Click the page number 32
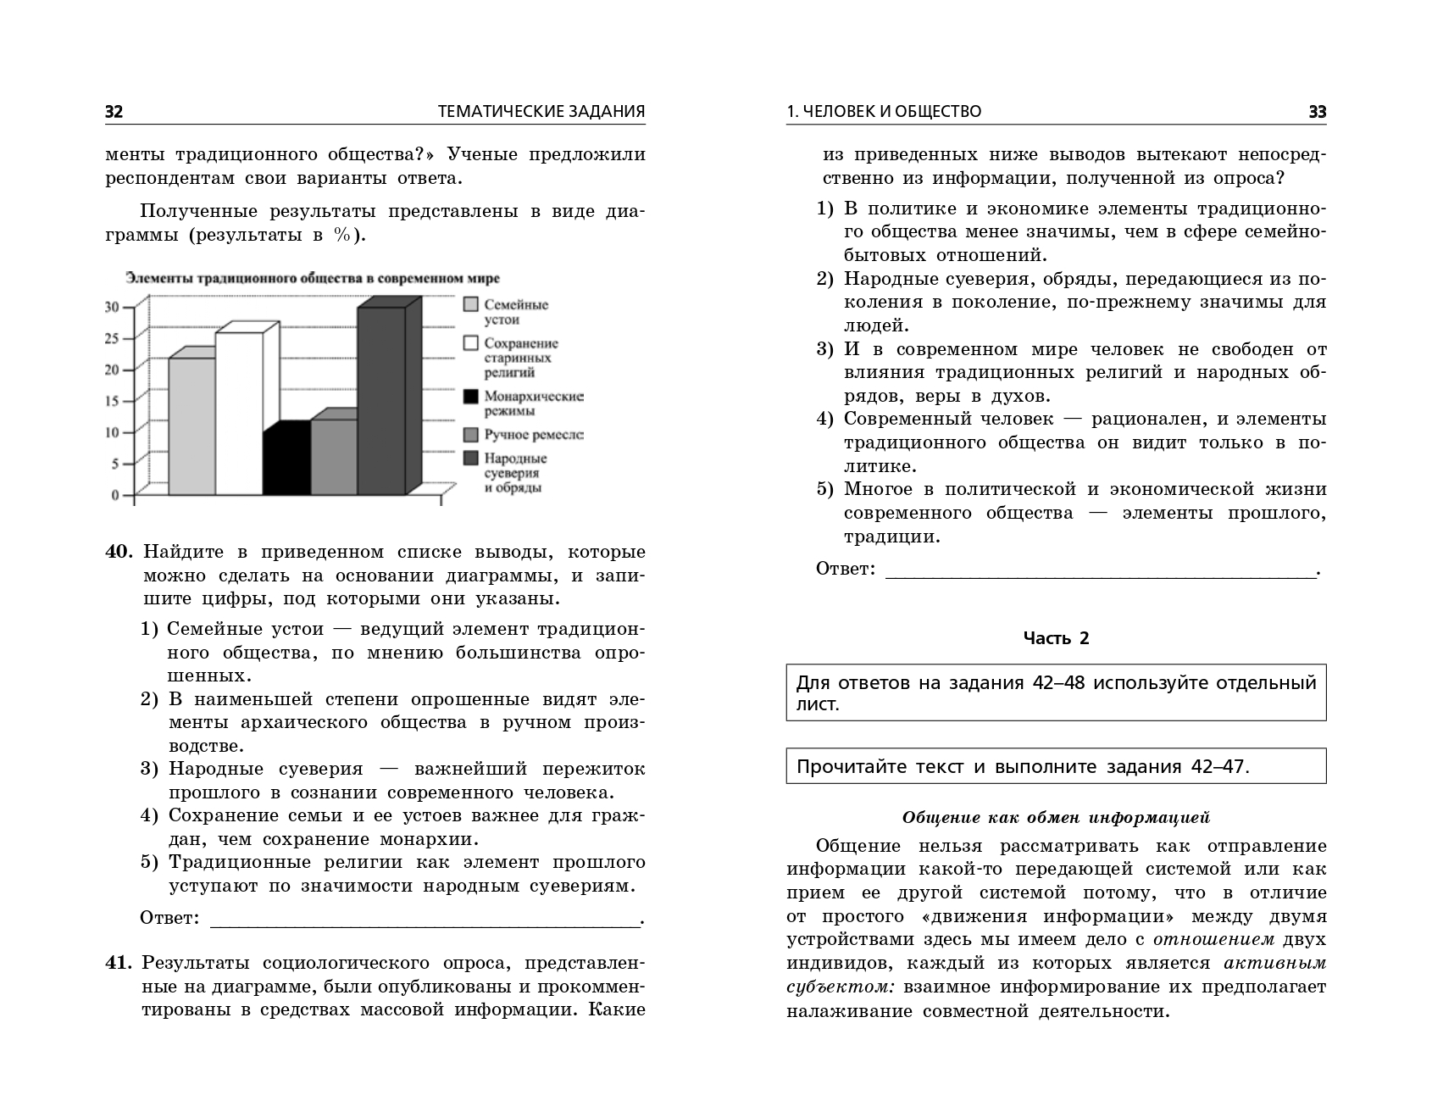coord(114,112)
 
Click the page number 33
coord(1318,112)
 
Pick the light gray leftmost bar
coord(191,425)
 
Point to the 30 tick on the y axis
coord(113,307)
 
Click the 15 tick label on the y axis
coord(113,401)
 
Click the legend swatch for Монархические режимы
coord(471,396)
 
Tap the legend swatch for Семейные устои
coord(471,304)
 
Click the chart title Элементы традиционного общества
coord(313,278)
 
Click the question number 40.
coord(119,552)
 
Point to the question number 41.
coord(119,963)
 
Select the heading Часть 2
coord(1056,638)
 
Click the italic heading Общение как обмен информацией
coord(1056,818)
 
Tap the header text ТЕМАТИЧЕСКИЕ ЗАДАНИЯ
coord(541,112)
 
